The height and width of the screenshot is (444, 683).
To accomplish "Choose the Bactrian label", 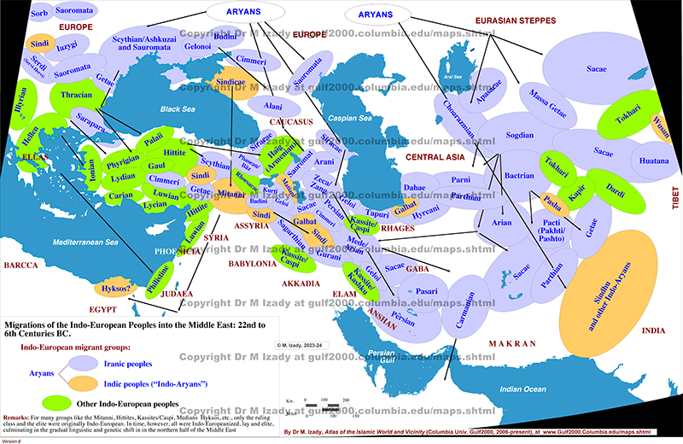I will (519, 174).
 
